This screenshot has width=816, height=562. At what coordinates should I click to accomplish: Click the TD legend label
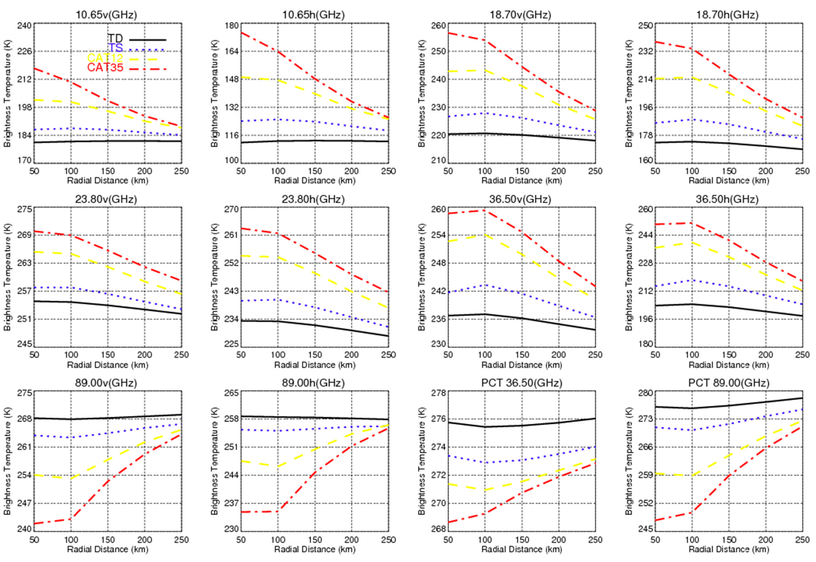[115, 38]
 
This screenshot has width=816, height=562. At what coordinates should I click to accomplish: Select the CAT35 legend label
[105, 68]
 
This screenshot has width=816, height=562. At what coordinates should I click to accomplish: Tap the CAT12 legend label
[105, 58]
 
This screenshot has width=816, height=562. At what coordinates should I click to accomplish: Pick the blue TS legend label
[115, 48]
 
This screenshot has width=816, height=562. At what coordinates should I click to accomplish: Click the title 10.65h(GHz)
[313, 15]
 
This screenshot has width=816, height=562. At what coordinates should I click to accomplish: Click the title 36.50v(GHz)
[520, 199]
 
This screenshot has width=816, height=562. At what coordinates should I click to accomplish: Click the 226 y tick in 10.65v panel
[25, 51]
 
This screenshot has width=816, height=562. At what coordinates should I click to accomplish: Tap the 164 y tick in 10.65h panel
[231, 51]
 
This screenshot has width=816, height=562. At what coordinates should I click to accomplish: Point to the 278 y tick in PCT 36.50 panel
[439, 393]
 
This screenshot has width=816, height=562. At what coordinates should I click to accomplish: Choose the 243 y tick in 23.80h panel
[231, 291]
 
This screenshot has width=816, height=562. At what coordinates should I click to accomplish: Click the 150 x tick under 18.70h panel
[729, 171]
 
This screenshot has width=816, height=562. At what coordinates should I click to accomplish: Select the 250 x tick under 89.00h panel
[388, 540]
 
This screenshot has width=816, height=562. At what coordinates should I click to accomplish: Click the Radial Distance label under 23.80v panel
[108, 365]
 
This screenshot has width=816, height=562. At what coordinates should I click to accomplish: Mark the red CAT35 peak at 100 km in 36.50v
[485, 210]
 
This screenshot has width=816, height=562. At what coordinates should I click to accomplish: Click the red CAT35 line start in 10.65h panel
[241, 32]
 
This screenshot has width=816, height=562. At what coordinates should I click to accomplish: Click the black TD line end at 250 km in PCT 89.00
[802, 398]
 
